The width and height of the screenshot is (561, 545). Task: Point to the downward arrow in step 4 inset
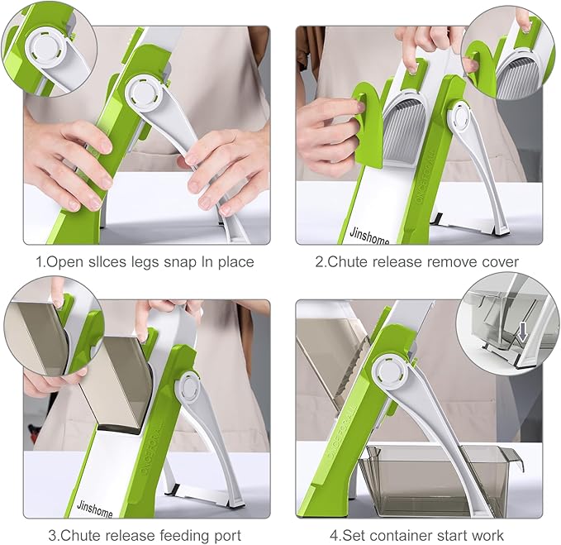pos(523,332)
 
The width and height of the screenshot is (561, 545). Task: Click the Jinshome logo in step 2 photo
pos(369,236)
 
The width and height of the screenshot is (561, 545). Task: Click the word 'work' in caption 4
pos(487,536)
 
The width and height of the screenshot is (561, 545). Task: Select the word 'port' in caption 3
pos(228,537)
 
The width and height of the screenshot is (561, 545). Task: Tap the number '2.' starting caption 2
pos(321,262)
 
